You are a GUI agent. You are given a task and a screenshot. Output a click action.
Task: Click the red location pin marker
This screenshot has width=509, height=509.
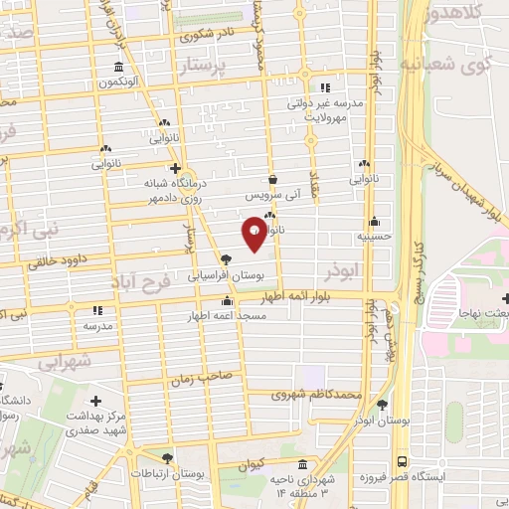[x=254, y=233]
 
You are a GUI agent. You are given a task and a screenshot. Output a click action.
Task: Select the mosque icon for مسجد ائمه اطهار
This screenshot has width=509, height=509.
[x=228, y=302]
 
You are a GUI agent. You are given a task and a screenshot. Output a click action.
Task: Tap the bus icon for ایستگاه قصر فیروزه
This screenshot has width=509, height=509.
[x=401, y=462]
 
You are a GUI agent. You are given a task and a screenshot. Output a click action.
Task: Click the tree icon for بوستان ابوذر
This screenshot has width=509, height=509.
[x=383, y=405]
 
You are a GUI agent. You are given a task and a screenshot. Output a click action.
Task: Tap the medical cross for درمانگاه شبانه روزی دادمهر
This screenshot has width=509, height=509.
[x=176, y=168]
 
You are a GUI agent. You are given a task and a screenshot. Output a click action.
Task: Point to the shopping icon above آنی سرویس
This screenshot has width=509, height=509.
[x=272, y=180]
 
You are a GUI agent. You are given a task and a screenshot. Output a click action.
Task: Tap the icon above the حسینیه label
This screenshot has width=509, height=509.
[x=374, y=223]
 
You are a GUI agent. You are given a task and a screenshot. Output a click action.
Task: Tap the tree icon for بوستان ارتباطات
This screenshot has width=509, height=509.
[x=167, y=459]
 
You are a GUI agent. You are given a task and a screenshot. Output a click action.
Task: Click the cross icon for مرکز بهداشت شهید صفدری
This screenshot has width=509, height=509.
[x=94, y=399]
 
